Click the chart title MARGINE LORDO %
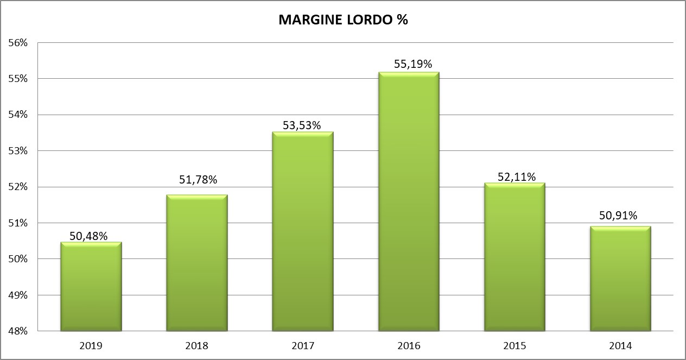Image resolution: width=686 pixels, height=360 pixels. (342, 21)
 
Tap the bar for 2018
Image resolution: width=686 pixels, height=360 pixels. (196, 263)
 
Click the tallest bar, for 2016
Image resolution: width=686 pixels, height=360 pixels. (409, 201)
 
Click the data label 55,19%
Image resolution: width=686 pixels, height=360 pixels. (412, 64)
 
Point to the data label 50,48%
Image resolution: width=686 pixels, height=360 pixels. (88, 236)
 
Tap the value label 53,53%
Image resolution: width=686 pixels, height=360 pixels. (302, 125)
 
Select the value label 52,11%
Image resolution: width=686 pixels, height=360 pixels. (517, 177)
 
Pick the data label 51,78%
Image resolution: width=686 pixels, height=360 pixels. (198, 180)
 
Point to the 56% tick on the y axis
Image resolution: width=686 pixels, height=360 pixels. (18, 43)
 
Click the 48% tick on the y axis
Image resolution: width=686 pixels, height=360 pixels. (18, 331)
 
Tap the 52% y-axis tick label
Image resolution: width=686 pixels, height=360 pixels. (18, 187)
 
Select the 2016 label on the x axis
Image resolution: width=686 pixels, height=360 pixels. (409, 345)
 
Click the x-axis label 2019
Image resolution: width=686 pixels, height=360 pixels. (91, 345)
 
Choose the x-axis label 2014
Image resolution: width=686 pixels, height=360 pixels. (620, 345)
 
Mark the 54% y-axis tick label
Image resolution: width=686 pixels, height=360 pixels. (18, 115)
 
